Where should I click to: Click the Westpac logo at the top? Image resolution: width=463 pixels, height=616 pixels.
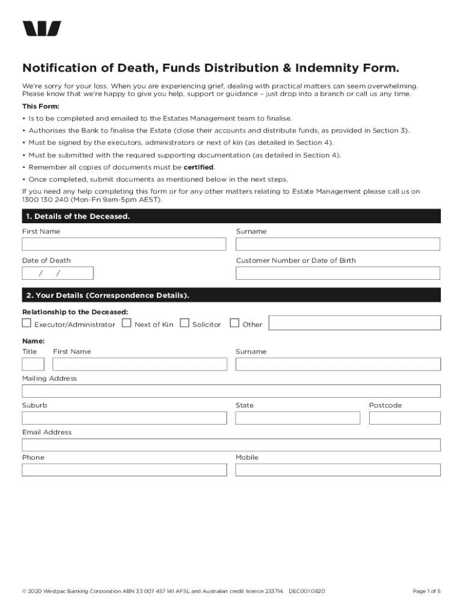point(42,29)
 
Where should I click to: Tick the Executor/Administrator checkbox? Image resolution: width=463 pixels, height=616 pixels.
point(26,323)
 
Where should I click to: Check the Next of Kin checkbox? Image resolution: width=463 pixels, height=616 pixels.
point(127,323)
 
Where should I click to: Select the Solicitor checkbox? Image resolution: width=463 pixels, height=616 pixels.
point(185,323)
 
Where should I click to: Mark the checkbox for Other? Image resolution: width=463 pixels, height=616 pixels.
point(235,323)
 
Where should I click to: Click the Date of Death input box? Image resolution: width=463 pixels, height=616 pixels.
point(58,273)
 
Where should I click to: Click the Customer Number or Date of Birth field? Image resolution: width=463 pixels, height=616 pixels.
point(338,273)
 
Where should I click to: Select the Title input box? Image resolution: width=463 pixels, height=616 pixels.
point(33,364)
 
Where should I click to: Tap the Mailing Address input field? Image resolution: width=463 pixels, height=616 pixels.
point(231,391)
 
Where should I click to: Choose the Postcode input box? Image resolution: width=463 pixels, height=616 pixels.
point(405,418)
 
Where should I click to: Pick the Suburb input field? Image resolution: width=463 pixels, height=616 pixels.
point(124,418)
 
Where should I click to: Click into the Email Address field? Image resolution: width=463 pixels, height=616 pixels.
point(231,445)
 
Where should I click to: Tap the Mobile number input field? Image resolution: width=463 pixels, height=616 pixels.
point(338,470)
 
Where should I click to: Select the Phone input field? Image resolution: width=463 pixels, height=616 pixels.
point(124,470)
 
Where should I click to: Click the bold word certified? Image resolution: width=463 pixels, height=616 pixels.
point(198,167)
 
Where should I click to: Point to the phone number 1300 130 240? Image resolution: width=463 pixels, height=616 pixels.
point(46,199)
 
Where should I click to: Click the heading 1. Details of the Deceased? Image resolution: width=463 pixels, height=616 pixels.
point(78,216)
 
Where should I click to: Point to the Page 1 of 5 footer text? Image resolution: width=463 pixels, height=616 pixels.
point(426,591)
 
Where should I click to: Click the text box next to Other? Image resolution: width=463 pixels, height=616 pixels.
point(355,323)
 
